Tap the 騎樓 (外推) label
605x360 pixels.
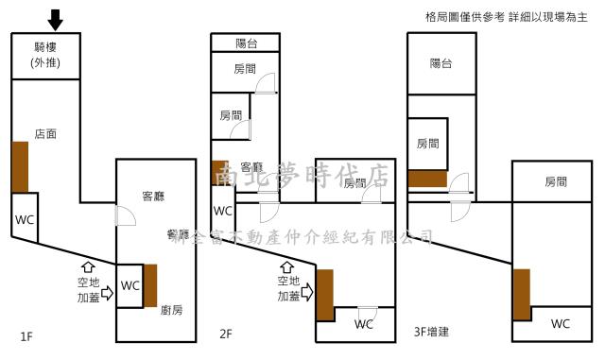[x=46, y=56]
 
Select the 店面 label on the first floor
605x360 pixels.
[x=44, y=134]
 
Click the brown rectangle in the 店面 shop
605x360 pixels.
[x=20, y=166]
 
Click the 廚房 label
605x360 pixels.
[x=171, y=309]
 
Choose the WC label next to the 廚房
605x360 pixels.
[x=130, y=284]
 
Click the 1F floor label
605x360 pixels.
[x=27, y=334]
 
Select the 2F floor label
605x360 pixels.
[x=226, y=334]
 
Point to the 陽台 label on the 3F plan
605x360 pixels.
[x=441, y=63]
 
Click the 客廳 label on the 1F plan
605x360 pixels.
[x=153, y=197]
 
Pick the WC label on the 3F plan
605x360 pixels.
[x=561, y=323]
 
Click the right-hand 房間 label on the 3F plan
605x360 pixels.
[x=556, y=182]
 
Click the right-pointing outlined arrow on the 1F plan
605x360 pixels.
[x=106, y=293]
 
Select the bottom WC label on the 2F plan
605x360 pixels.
[x=364, y=324]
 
